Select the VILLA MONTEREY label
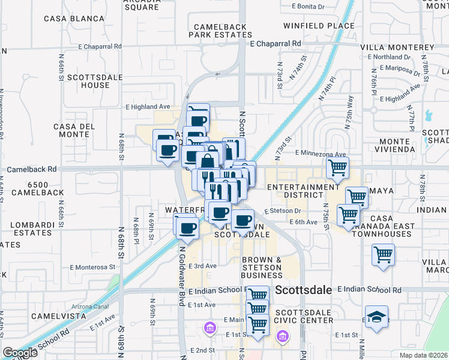[x=397, y=47]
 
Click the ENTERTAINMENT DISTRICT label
[x=303, y=191]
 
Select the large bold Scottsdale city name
[x=304, y=290]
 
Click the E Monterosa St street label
[x=92, y=267]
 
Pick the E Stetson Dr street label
[x=283, y=211]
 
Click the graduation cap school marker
[x=376, y=317]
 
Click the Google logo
[x=20, y=353]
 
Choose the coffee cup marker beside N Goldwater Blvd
[x=187, y=227]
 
